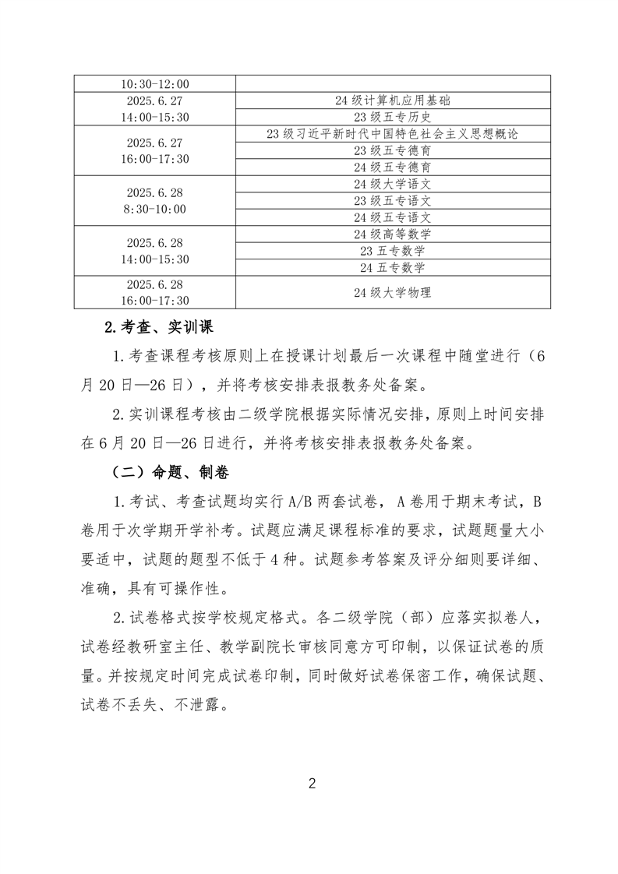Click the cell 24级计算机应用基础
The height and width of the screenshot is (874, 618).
[392, 100]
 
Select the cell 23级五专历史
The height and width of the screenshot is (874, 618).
[392, 117]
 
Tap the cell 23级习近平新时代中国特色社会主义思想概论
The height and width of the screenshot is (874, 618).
[392, 134]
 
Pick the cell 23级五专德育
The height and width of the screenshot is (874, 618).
[392, 150]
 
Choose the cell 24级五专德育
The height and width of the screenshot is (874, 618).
[392, 167]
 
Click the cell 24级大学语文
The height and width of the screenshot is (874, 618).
[392, 184]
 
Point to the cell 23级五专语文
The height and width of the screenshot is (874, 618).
[392, 200]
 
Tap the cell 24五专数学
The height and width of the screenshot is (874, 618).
[392, 267]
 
